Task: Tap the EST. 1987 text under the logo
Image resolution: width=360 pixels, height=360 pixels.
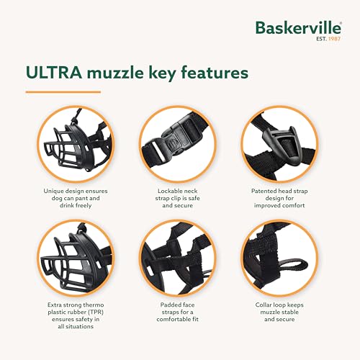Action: click(328, 40)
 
